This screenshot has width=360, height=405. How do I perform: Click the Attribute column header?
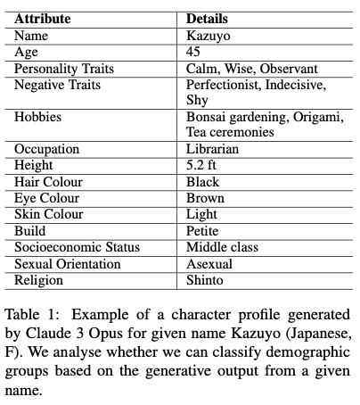43,18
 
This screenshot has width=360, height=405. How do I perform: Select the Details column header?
208,18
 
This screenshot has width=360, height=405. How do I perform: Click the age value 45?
194,53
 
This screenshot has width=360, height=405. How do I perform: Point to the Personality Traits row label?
60,69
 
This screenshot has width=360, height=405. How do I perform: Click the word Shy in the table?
197,101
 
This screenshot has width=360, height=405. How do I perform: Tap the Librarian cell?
214,149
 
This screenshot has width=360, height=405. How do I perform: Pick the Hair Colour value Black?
203,181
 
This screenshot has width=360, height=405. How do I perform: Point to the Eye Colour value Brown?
205,197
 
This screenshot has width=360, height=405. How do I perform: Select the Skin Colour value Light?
201,214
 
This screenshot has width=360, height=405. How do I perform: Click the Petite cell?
204,230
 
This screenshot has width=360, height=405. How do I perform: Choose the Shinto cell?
205,279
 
